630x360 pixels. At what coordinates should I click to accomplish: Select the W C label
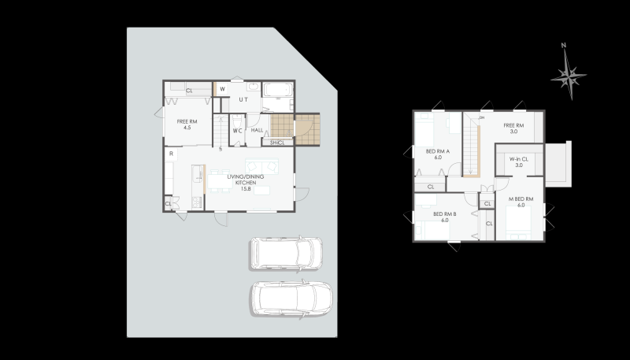(238, 131)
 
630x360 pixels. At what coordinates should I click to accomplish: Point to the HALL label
(258, 130)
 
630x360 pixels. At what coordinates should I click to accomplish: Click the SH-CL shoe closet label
(277, 143)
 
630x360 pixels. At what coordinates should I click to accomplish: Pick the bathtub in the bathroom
(278, 90)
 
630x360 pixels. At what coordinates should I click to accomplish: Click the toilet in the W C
(237, 121)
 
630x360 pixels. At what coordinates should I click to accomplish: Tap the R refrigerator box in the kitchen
(171, 154)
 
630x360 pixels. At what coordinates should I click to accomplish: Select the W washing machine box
(222, 89)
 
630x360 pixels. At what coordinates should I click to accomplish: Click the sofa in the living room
(262, 166)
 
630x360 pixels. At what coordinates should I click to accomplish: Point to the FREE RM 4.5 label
(187, 124)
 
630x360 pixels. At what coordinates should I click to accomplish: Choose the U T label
(243, 99)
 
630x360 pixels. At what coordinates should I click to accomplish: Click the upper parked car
(286, 253)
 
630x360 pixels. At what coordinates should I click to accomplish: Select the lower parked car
(291, 298)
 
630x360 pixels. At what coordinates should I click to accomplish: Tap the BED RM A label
(438, 154)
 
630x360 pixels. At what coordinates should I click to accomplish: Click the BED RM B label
(445, 217)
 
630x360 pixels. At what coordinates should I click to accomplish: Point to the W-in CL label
(519, 162)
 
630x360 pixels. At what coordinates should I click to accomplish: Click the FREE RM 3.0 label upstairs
(513, 128)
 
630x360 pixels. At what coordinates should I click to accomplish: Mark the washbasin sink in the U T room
(253, 87)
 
